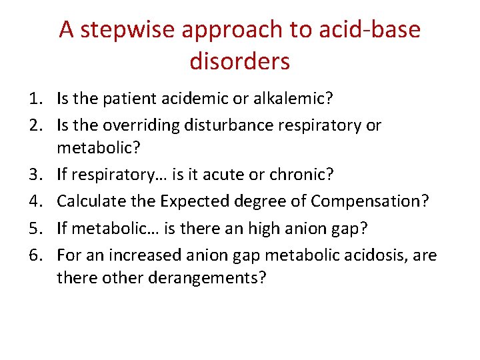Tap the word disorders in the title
pyautogui.click(x=240, y=61)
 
